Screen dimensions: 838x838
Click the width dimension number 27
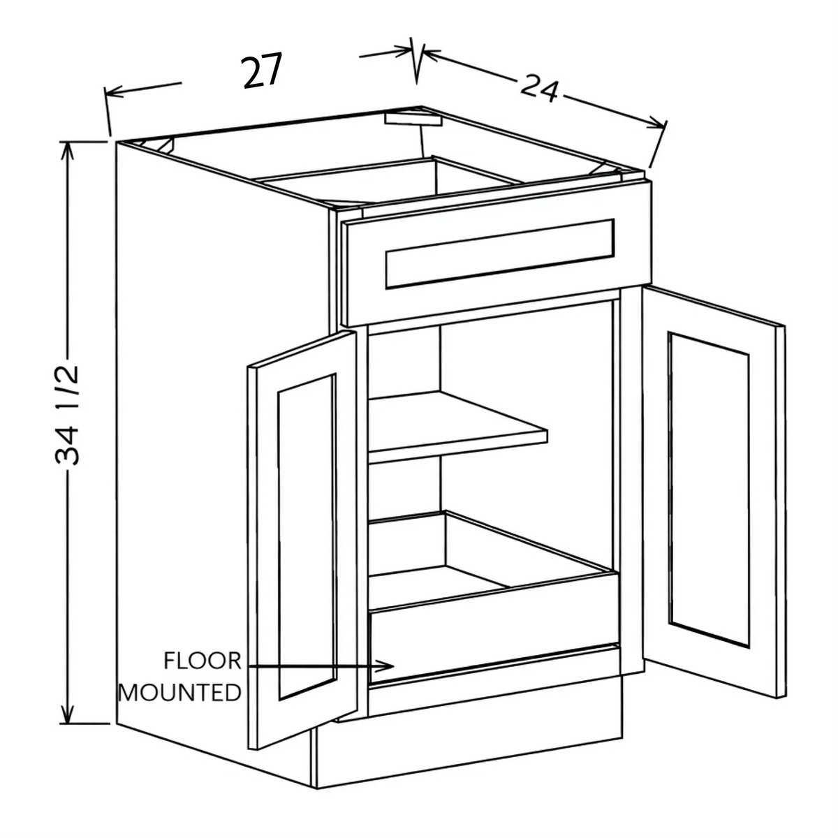(263, 71)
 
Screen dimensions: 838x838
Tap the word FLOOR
(203, 661)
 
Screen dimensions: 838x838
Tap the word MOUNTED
(179, 693)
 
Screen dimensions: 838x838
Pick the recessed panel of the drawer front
(500, 253)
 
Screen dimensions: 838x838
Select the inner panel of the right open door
(709, 490)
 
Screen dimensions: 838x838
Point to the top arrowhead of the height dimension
(66, 150)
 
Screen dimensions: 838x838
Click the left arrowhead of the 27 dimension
(114, 91)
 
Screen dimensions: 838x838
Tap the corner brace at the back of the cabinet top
(413, 119)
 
